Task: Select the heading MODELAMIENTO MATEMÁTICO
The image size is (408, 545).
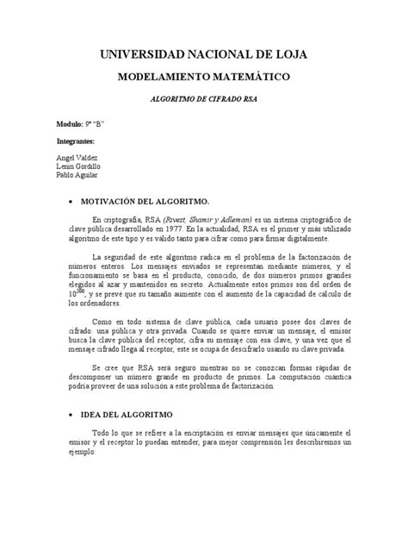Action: [x=203, y=78]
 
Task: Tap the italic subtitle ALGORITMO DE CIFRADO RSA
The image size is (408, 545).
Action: [x=203, y=100]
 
